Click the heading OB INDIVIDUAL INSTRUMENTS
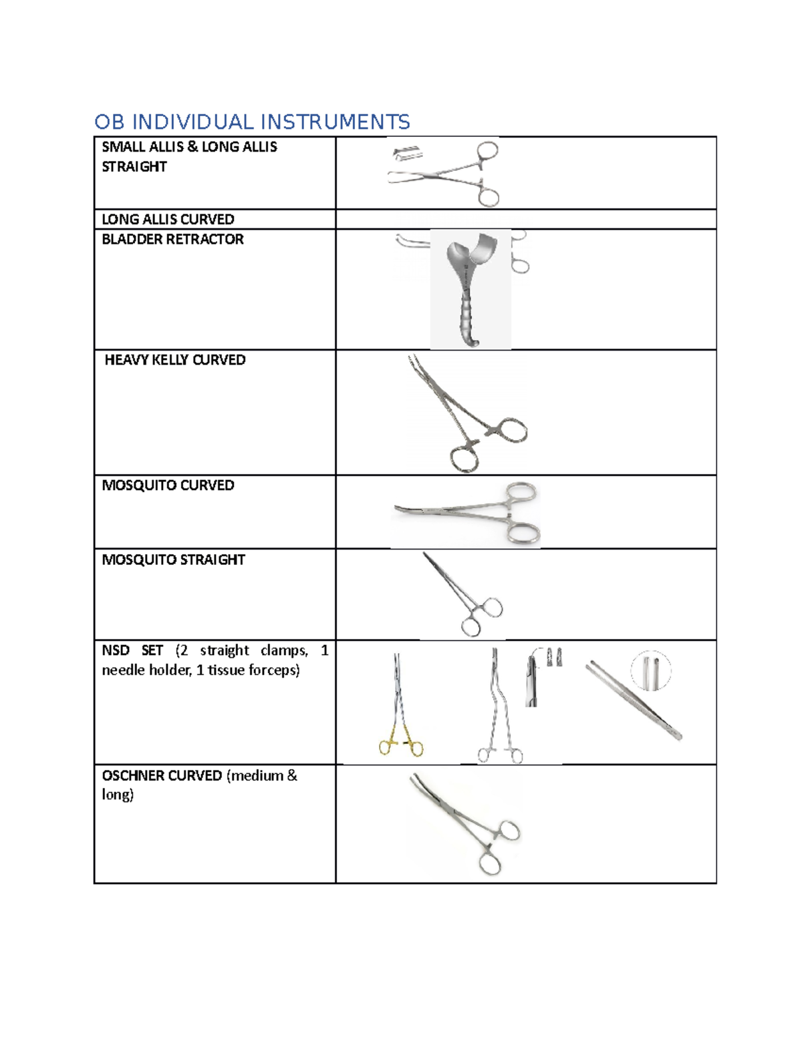(251, 122)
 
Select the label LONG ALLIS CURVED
(168, 220)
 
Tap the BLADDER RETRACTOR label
(172, 240)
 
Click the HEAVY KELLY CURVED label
(175, 360)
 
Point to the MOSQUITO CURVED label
(168, 485)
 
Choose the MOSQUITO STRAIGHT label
(173, 560)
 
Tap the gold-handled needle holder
(400, 708)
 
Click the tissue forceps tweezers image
(633, 700)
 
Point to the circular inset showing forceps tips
(650, 670)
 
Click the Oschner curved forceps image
(465, 823)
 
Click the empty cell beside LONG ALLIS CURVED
(525, 220)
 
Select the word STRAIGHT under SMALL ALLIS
(134, 167)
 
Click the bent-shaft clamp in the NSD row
(499, 708)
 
